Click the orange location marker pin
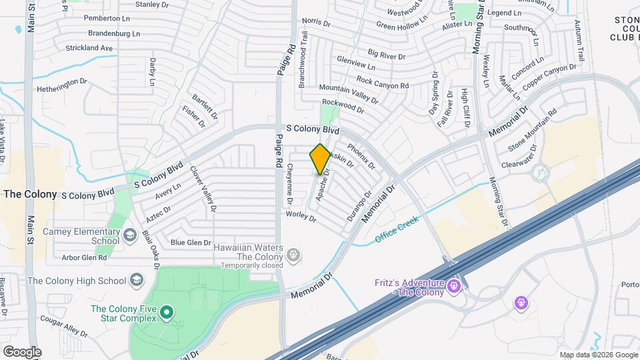click(x=321, y=159)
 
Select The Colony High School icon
click(x=137, y=280)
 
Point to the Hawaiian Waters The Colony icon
click(x=293, y=253)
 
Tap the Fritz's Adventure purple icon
click(x=455, y=287)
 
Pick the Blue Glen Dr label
click(x=191, y=243)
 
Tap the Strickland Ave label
click(x=89, y=48)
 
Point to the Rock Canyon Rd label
click(x=382, y=83)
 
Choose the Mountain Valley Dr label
click(x=348, y=94)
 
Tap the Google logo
click(x=22, y=351)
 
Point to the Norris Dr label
click(x=316, y=23)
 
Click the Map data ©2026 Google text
click(x=598, y=355)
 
